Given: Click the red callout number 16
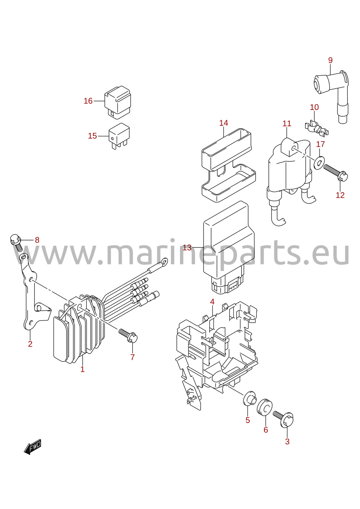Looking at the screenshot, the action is tap(88, 101).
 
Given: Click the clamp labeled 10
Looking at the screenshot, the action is tap(316, 129).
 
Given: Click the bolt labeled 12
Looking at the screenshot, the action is tap(336, 174).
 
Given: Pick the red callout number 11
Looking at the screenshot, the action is tap(287, 124).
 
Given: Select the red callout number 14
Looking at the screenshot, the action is tap(224, 123).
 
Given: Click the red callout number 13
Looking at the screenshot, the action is tap(187, 248).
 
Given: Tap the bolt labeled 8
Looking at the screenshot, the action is tap(16, 243).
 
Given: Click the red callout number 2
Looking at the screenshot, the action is tap(30, 344).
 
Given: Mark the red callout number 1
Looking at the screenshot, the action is tap(83, 369).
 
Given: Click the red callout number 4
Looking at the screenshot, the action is tap(212, 302).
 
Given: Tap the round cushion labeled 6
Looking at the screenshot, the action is tap(264, 406).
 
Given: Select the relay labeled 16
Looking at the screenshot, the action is tap(118, 102).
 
